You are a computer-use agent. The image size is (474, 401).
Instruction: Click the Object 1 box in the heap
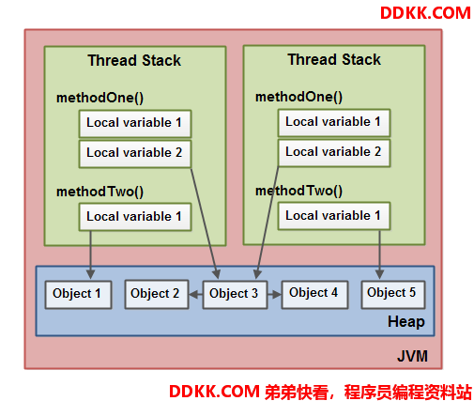click(78, 295)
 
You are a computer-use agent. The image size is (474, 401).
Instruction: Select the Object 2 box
click(157, 295)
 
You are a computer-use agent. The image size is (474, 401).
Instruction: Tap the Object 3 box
click(235, 295)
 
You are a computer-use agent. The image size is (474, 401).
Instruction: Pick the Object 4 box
click(314, 295)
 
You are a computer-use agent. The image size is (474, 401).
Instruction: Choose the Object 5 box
click(393, 295)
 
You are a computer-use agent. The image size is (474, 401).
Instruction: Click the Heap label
click(406, 321)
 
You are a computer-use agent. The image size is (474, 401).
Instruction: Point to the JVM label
click(412, 356)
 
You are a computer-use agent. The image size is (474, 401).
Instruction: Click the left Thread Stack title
click(134, 60)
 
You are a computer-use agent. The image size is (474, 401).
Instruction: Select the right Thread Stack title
click(334, 59)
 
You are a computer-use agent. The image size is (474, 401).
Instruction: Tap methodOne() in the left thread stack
click(99, 98)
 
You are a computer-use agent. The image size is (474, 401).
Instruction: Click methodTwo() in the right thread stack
click(298, 191)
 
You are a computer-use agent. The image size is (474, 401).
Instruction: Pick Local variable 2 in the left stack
click(135, 154)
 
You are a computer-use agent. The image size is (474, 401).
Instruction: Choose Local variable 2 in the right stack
click(334, 153)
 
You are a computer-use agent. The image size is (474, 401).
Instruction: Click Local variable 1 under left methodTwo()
click(135, 217)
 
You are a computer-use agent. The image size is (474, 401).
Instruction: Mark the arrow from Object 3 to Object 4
click(274, 295)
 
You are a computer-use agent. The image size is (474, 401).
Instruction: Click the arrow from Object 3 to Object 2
click(195, 295)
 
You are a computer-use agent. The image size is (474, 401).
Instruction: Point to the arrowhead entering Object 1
click(90, 274)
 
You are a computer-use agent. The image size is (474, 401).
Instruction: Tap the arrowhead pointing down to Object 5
click(379, 274)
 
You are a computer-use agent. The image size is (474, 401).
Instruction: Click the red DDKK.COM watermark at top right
click(425, 13)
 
